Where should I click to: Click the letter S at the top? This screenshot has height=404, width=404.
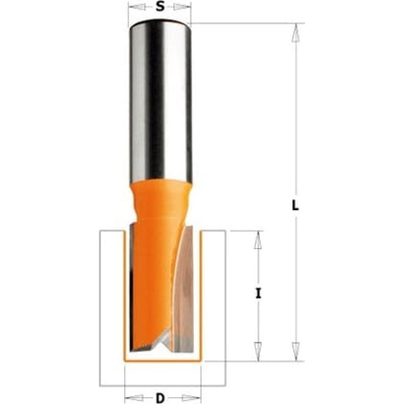point(160,7)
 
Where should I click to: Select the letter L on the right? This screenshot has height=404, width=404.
point(296,206)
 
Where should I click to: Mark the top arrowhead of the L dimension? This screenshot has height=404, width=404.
point(296,31)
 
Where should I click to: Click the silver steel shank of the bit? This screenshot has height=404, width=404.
point(160,101)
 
